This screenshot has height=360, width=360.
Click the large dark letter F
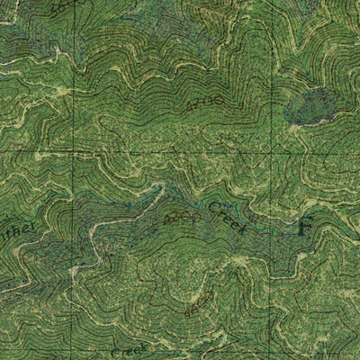(x=306, y=225)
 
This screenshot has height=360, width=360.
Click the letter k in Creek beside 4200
(x=242, y=231)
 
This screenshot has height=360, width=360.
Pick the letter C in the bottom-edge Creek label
(x=115, y=354)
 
